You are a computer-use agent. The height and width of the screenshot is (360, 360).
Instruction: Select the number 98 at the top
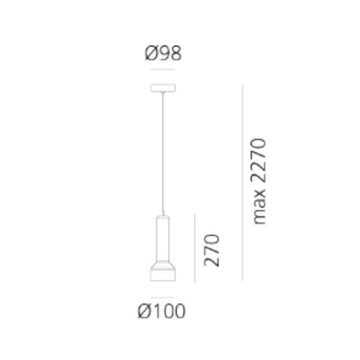tap(170, 57)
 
